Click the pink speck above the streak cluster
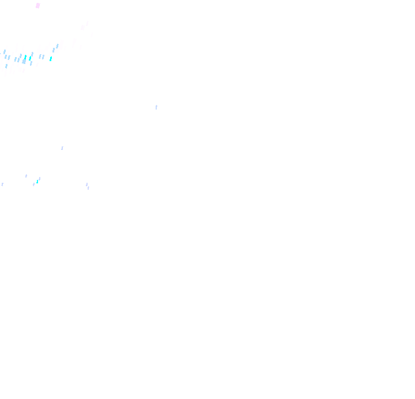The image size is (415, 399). tap(38, 6)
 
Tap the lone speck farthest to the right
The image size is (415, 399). tap(156, 107)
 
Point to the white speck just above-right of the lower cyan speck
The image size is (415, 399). tap(39, 179)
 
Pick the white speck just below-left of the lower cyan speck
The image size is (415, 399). tap(34, 185)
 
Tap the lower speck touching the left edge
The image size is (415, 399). tap(2, 185)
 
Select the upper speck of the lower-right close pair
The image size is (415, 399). tap(86, 185)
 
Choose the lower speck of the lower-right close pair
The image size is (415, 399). tap(88, 188)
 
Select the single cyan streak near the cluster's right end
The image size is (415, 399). tap(51, 58)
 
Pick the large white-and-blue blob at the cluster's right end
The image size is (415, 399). tap(58, 47)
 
